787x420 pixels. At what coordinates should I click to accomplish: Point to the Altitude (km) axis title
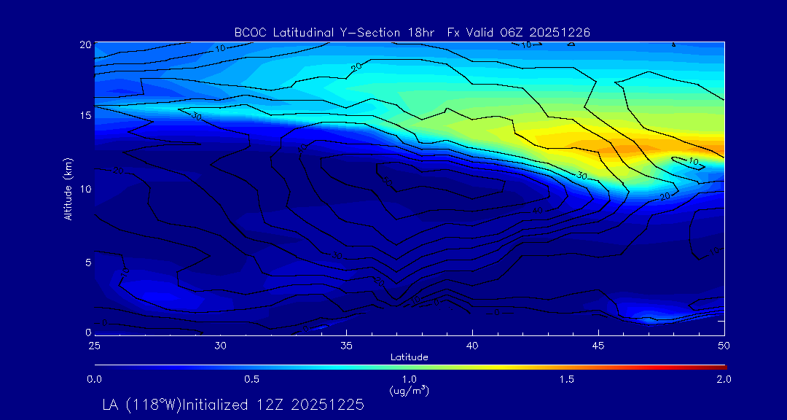(x=68, y=189)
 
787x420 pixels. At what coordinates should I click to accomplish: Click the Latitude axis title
(x=409, y=357)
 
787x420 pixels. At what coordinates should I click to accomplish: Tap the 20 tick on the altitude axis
(x=85, y=44)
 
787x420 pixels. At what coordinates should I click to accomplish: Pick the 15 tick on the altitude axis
(x=85, y=117)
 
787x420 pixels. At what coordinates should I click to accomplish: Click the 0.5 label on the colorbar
(x=252, y=379)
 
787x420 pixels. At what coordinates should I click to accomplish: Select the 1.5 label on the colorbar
(x=566, y=379)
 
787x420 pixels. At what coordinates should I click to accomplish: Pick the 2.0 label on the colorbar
(x=724, y=379)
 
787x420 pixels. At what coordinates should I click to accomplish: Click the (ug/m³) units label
(x=410, y=390)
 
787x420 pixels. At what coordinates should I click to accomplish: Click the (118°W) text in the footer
(x=150, y=405)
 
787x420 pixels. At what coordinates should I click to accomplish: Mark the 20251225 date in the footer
(x=329, y=405)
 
